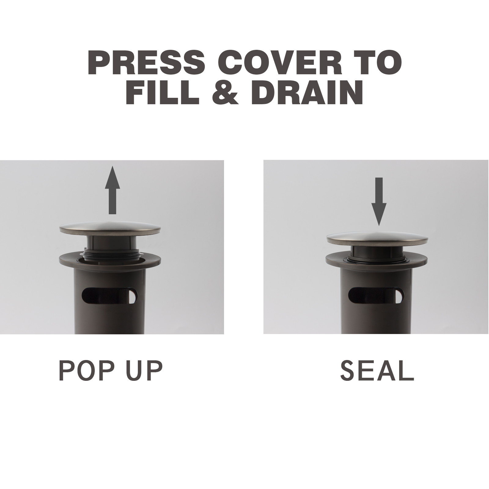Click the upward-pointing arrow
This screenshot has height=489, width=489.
112,190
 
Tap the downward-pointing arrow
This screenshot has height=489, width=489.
379,201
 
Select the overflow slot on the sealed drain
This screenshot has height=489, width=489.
376,296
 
